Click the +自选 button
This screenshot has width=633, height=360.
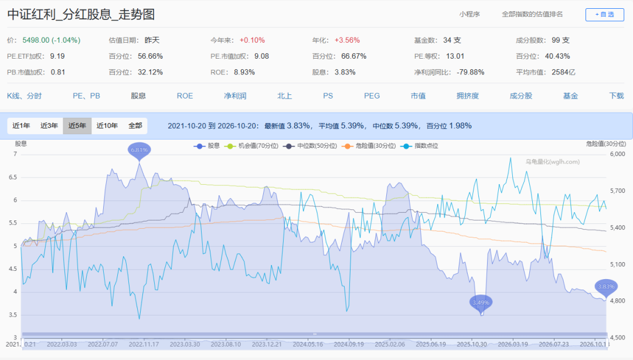pyautogui.click(x=604, y=15)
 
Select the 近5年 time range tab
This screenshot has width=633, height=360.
pyautogui.click(x=77, y=125)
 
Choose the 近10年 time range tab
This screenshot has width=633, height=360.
pyautogui.click(x=107, y=125)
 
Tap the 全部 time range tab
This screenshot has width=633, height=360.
pyautogui.click(x=135, y=125)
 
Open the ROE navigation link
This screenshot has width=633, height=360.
pyautogui.click(x=185, y=96)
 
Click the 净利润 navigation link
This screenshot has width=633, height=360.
pyautogui.click(x=235, y=96)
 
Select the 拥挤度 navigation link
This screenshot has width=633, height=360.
pyautogui.click(x=468, y=96)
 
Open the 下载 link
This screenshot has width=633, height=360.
pyautogui.click(x=617, y=96)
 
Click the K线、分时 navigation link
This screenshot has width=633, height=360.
pyautogui.click(x=24, y=96)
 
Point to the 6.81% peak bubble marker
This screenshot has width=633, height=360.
pyautogui.click(x=139, y=151)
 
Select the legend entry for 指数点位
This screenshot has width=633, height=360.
pyautogui.click(x=419, y=146)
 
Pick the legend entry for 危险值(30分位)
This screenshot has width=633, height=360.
pyautogui.click(x=369, y=146)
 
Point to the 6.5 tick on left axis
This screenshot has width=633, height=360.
pyautogui.click(x=13, y=177)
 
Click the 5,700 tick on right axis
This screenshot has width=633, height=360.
pyautogui.click(x=617, y=191)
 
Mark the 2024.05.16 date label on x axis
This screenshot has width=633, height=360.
pyautogui.click(x=308, y=344)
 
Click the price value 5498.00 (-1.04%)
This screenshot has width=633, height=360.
pyautogui.click(x=51, y=40)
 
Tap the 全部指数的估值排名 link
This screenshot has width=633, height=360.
pyautogui.click(x=532, y=14)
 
